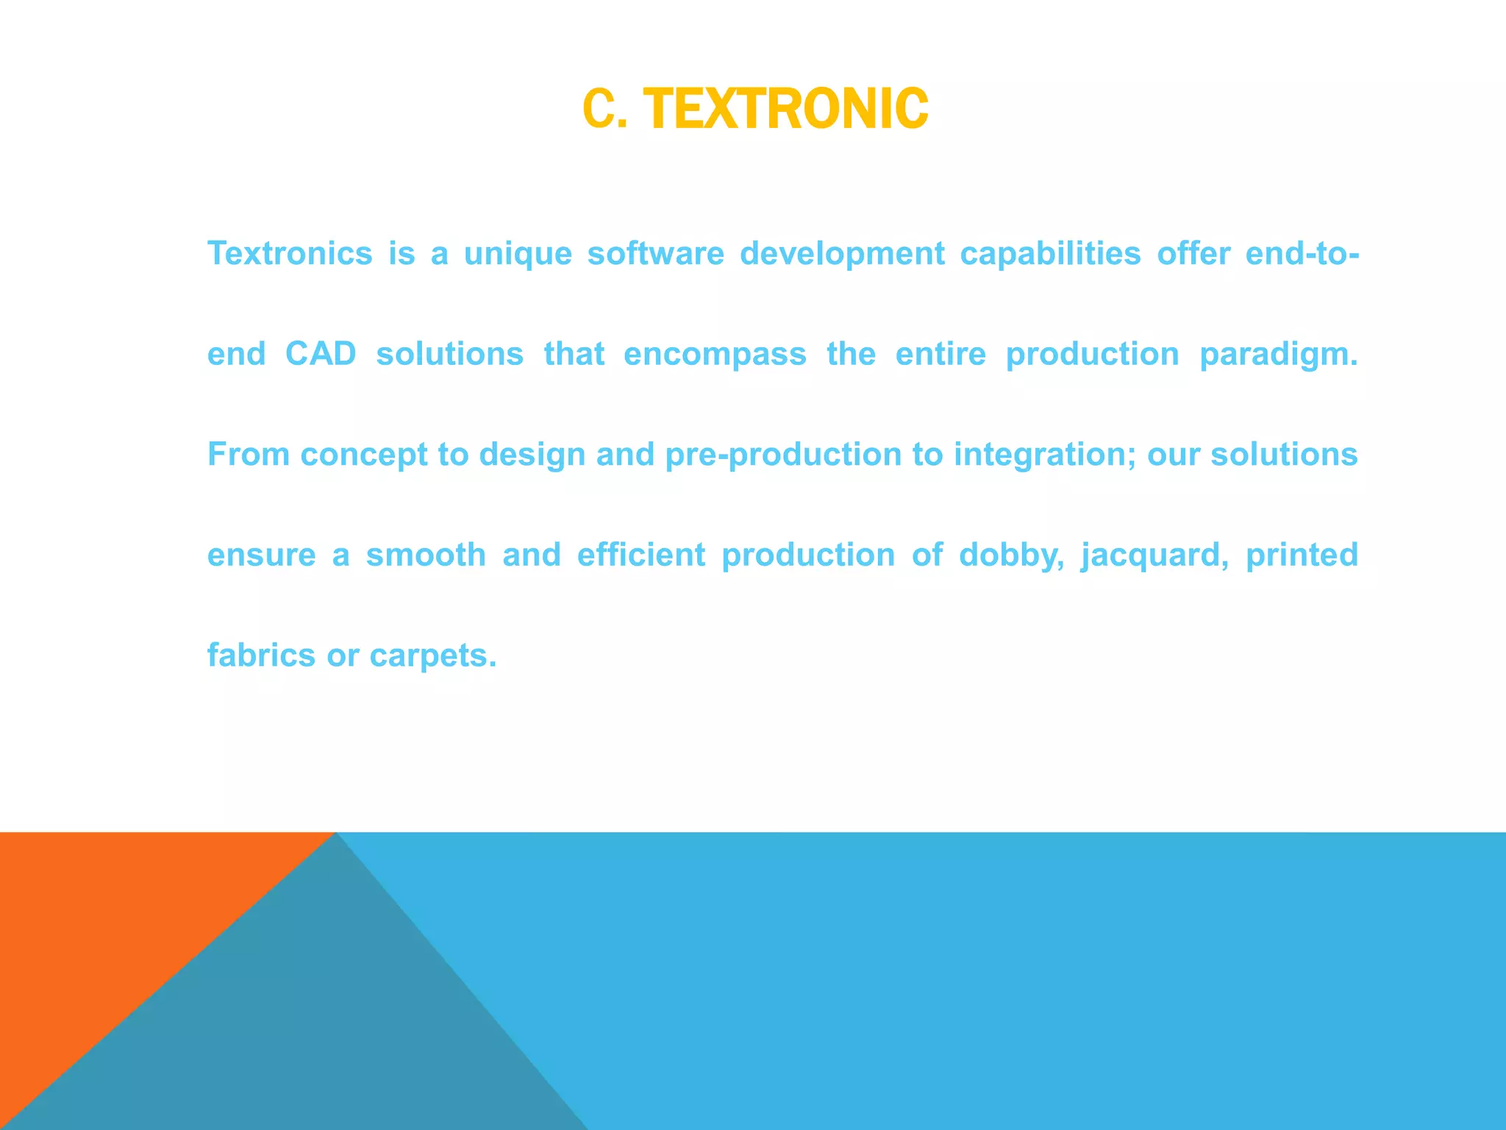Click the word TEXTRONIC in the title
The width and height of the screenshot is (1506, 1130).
tap(789, 109)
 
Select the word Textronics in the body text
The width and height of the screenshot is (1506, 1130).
tap(290, 253)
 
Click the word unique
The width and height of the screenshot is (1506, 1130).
tap(518, 255)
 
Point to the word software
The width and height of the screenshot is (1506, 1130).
tap(655, 253)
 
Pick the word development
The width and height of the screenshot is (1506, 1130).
tap(842, 255)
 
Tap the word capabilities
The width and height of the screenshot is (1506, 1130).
tap(1050, 255)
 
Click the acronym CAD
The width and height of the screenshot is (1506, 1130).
tap(321, 354)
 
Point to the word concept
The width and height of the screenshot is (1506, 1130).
tap(363, 455)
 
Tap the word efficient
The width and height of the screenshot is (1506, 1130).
tap(640, 555)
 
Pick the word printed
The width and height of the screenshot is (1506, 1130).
tap(1302, 555)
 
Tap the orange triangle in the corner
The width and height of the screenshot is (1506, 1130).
tap(110, 920)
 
